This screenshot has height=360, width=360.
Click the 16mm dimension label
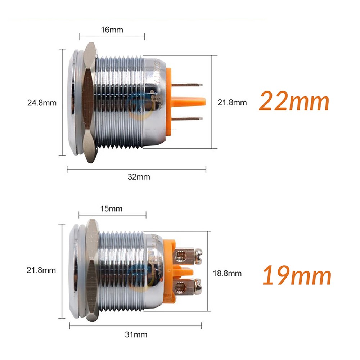coord(112,30)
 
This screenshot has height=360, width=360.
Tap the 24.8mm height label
coord(42,103)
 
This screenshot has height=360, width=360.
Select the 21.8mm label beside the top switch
coord(232,103)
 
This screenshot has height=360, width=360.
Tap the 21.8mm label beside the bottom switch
coord(42,270)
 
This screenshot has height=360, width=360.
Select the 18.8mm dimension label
coord(227,273)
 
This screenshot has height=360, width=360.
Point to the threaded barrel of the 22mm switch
coord(121,103)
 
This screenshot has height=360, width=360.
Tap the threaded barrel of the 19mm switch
coord(122,270)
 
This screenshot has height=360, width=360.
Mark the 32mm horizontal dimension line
coord(108,169)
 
